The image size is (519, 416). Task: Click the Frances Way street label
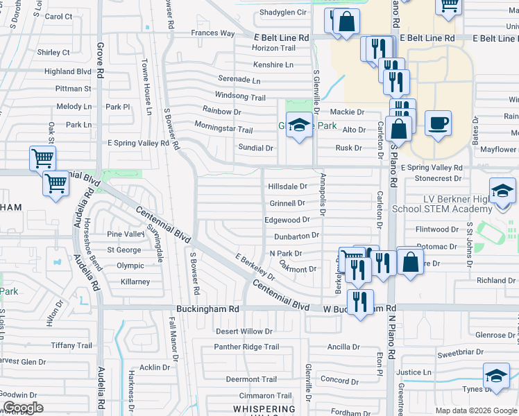point(212,33)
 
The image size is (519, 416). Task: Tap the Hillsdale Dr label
point(287,187)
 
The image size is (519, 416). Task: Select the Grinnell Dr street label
point(287,203)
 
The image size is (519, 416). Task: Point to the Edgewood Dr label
point(286,220)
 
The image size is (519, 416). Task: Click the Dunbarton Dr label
point(296,236)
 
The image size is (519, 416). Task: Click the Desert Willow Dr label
point(249,331)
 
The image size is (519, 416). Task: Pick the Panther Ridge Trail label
point(246,347)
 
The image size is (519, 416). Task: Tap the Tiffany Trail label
point(71,345)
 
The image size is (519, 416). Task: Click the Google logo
point(23,408)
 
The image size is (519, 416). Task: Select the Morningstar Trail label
point(223,130)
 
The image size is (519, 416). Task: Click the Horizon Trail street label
point(273,48)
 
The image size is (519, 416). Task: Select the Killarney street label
point(135,281)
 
